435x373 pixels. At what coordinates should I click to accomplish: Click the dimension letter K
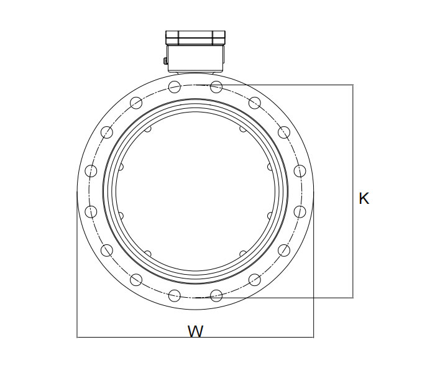tap(364, 199)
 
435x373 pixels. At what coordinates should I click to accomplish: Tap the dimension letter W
tap(196, 331)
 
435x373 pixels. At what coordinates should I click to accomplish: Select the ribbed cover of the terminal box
tap(195, 37)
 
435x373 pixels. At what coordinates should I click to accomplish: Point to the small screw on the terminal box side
tap(165, 61)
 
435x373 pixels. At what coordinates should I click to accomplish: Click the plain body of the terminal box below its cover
tap(195, 59)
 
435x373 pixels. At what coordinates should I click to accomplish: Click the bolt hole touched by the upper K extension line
tap(216, 86)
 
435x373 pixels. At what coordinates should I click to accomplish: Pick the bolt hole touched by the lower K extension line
tap(216, 295)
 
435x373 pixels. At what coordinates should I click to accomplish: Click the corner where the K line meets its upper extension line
tap(353, 85)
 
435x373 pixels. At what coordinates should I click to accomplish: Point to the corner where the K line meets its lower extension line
tap(353, 297)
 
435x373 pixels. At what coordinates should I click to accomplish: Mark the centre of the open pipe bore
tap(195, 191)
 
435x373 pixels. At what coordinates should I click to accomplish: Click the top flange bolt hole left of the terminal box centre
tap(175, 86)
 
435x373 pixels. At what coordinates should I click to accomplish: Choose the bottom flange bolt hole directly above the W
tap(175, 295)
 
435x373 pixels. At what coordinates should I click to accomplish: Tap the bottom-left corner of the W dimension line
tap(77, 338)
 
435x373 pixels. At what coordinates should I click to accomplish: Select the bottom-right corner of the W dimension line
tap(314, 338)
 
